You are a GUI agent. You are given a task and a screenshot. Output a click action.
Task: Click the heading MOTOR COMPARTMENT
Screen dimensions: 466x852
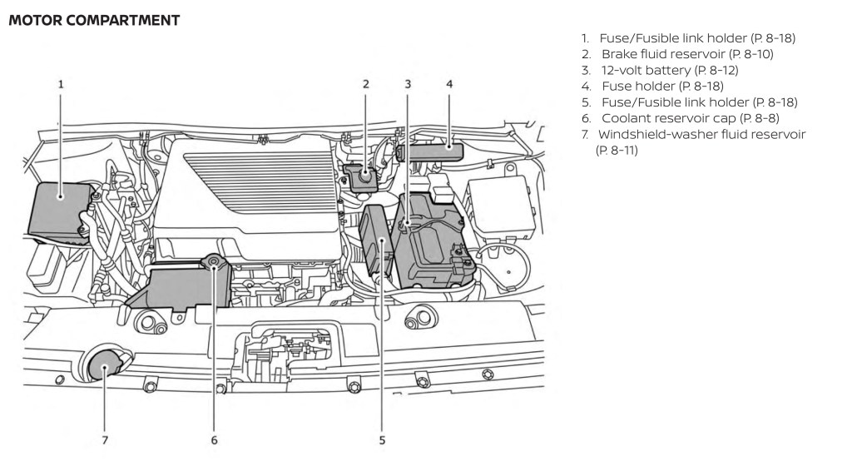pyautogui.click(x=93, y=20)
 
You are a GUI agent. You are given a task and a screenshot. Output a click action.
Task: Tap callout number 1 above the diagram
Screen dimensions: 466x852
pyautogui.click(x=60, y=84)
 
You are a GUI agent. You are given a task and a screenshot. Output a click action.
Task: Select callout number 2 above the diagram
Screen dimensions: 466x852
pyautogui.click(x=365, y=84)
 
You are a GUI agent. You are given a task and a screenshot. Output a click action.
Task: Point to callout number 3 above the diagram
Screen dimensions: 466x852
pyautogui.click(x=408, y=84)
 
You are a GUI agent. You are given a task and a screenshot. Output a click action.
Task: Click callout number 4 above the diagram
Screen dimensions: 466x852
pyautogui.click(x=449, y=84)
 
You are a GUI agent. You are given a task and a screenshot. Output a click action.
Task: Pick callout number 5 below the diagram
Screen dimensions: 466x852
pyautogui.click(x=382, y=440)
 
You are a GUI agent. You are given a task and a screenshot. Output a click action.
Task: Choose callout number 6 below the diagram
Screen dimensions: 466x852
pyautogui.click(x=214, y=440)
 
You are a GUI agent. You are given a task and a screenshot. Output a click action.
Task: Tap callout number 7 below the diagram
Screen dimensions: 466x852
pyautogui.click(x=105, y=440)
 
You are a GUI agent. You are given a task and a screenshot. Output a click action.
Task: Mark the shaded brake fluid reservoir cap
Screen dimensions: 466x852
pyautogui.click(x=364, y=176)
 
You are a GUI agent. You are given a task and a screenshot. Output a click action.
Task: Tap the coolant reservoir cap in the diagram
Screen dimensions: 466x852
pyautogui.click(x=214, y=264)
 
